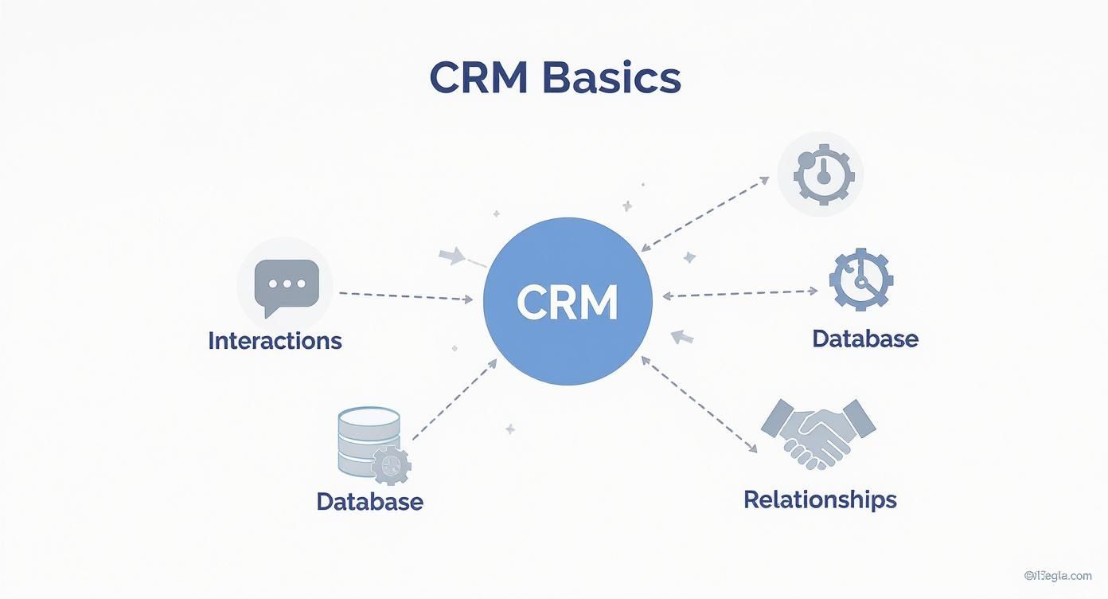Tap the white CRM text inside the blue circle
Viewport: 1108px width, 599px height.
[x=568, y=302]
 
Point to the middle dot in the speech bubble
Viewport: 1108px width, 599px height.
[x=286, y=284]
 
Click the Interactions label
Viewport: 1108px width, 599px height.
[x=275, y=341]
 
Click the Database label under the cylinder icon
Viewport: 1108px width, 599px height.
[x=369, y=502]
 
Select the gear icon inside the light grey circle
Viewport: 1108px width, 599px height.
[x=820, y=174]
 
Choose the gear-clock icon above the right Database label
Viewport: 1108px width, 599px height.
[x=860, y=280]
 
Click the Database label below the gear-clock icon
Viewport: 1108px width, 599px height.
[x=865, y=339]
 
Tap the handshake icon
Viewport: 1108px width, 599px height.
[x=818, y=433]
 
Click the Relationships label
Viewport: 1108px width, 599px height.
[x=820, y=500]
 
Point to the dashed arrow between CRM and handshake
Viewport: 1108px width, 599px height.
[x=699, y=405]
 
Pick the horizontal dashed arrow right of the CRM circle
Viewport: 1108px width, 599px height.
[x=740, y=294]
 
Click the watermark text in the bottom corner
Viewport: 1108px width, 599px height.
[x=1058, y=576]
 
